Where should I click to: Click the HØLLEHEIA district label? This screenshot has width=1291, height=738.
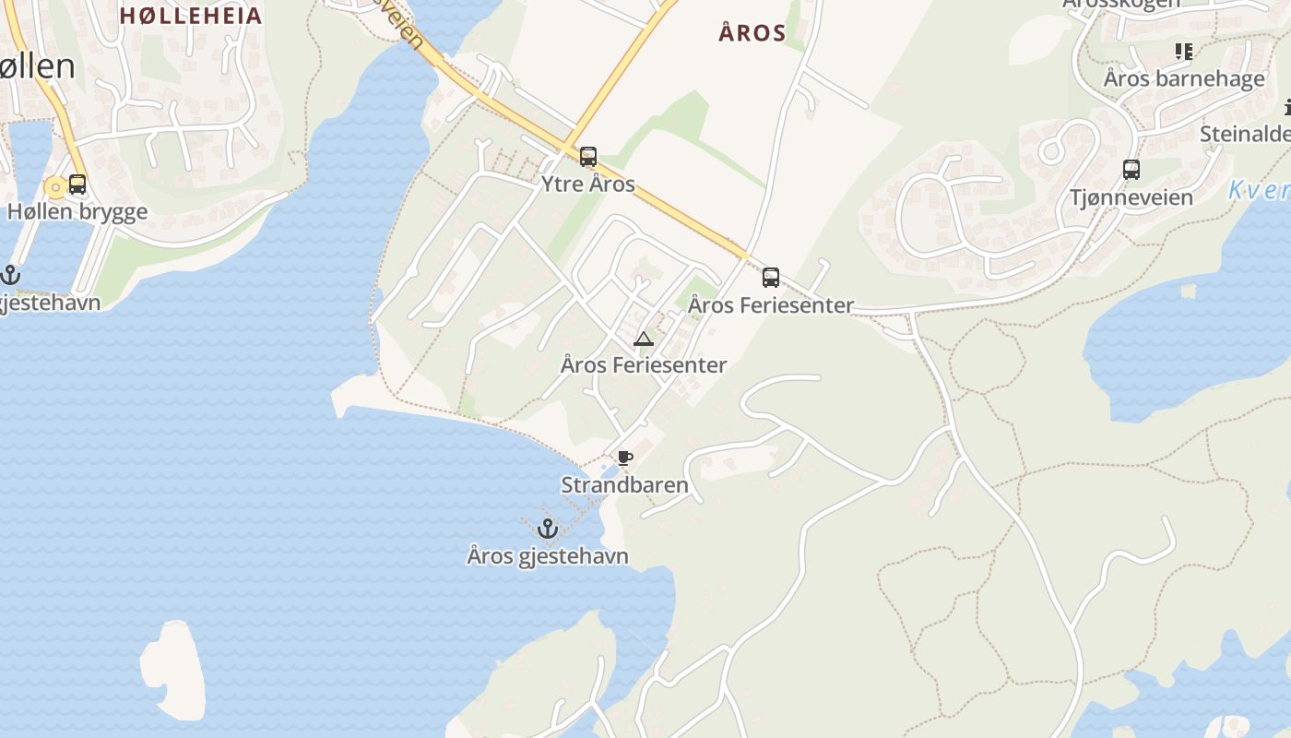point(191,16)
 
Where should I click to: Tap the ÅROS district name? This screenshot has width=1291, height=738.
point(752,34)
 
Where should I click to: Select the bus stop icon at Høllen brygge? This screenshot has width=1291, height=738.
point(77,184)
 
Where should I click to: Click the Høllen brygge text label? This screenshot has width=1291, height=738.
point(77,211)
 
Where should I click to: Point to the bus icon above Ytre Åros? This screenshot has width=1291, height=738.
point(587,157)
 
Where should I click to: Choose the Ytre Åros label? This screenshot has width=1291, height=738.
point(588,184)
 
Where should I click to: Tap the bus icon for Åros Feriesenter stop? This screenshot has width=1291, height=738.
point(770,277)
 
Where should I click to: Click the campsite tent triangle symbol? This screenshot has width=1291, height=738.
point(644,339)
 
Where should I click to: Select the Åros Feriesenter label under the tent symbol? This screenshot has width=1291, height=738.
point(644,365)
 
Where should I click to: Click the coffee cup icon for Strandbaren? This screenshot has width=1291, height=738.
point(624,458)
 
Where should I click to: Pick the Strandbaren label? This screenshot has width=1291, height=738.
point(625,485)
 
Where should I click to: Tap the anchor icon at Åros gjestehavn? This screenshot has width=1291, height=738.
point(548,529)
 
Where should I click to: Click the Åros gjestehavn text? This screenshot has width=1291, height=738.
point(548,556)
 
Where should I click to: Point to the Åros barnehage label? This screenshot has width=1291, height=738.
point(1184,78)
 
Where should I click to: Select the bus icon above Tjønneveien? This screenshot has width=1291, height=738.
point(1131,170)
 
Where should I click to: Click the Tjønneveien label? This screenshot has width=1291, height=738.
point(1131,196)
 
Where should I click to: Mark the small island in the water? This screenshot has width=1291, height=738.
point(179,668)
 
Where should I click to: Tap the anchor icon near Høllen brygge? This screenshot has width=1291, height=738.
point(10,274)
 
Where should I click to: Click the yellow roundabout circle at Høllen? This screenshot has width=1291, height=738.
point(56,188)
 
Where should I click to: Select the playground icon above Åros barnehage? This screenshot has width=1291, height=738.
point(1183,52)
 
